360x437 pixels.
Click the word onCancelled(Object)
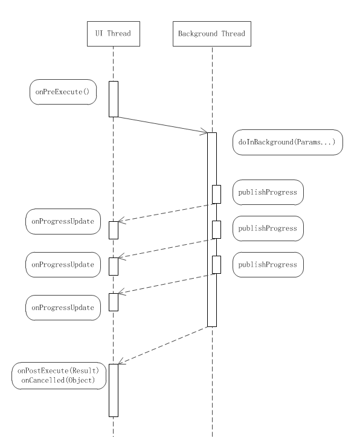(x=58, y=380)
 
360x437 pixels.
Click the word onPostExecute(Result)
(x=58, y=371)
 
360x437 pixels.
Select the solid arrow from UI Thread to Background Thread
(x=162, y=125)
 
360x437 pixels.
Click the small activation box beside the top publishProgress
(x=217, y=194)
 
